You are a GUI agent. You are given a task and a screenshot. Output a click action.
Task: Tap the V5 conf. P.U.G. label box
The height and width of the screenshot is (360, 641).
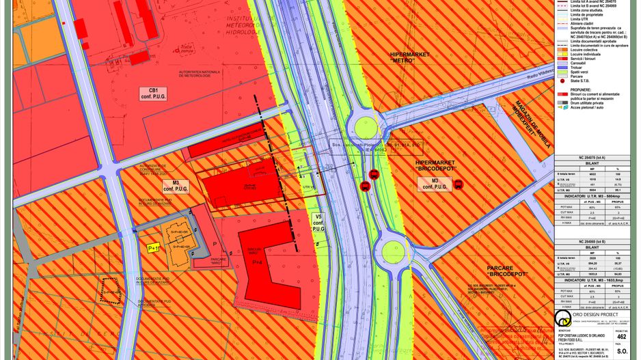[318, 223]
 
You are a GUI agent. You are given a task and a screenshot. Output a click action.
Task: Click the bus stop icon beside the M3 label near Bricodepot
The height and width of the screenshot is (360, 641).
[458, 184]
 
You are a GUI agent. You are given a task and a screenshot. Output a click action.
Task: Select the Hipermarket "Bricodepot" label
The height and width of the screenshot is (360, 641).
[435, 165]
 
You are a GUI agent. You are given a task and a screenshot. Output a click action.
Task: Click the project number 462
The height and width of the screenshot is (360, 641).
[621, 336]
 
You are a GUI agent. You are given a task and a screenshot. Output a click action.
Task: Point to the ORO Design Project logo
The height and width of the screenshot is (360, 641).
[562, 320]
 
